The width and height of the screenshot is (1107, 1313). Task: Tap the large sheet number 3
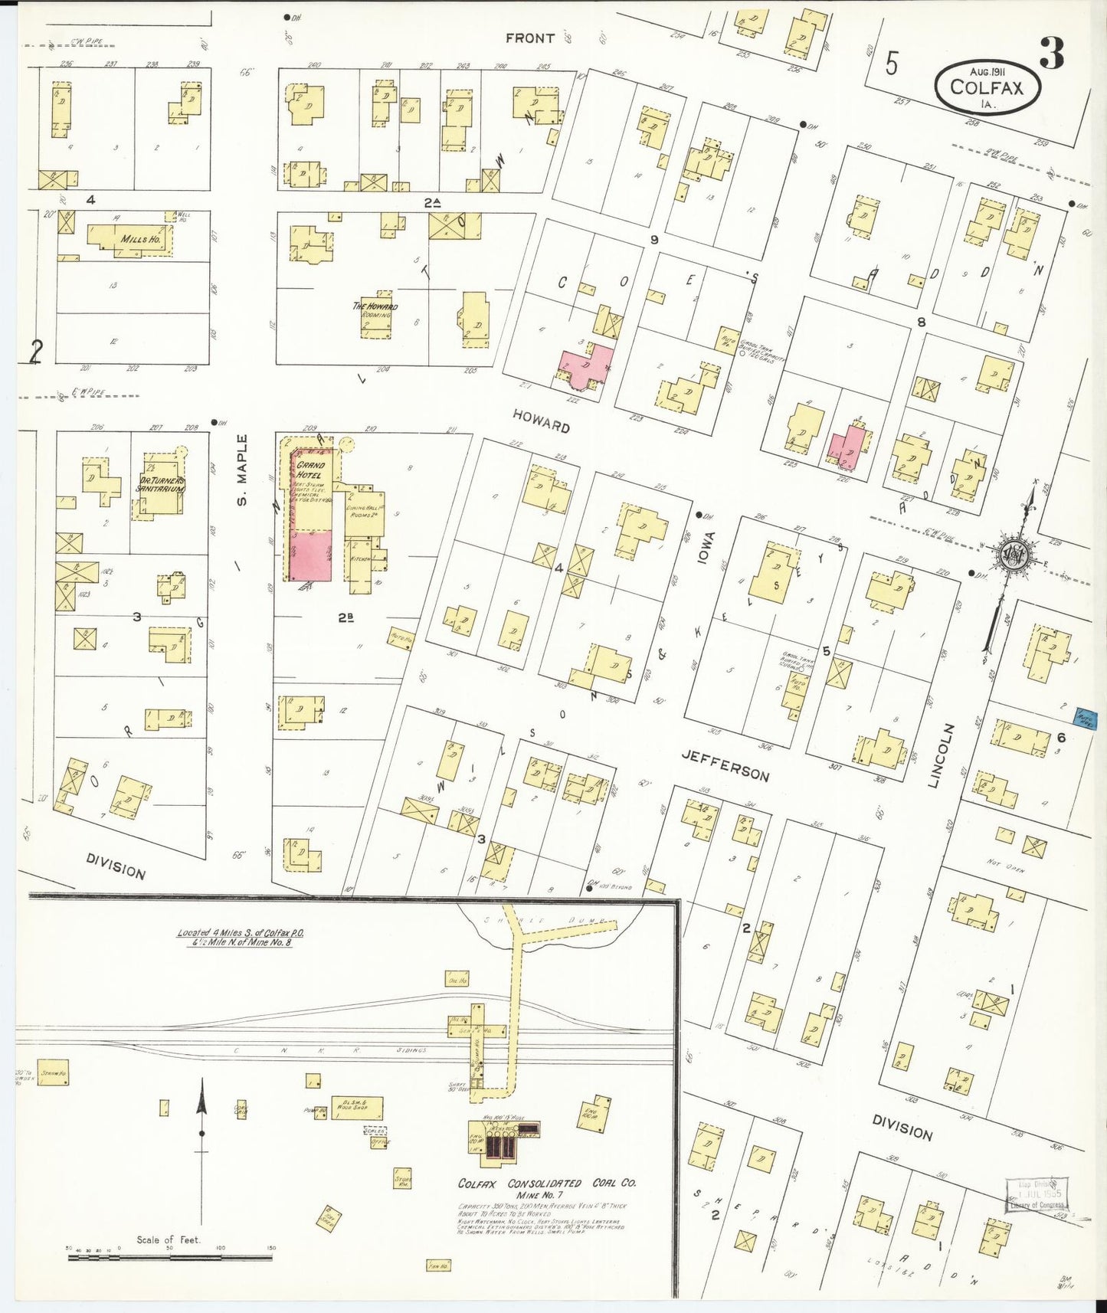point(1052,54)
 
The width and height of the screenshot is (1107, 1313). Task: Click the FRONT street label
point(529,38)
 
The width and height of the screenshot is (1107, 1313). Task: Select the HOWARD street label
point(542,421)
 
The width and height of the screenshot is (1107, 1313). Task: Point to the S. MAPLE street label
point(242,470)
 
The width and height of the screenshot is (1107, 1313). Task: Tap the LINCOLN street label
point(941,755)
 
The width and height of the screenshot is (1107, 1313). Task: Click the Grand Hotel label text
point(310,470)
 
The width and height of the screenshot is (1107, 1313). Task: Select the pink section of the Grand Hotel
point(310,556)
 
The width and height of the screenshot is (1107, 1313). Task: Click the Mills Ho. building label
point(139,239)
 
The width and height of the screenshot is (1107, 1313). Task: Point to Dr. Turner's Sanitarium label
point(161,484)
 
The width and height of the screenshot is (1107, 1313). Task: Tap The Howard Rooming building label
point(375,309)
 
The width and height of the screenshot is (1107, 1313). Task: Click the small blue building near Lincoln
point(1086,719)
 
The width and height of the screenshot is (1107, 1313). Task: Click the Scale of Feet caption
point(168,1239)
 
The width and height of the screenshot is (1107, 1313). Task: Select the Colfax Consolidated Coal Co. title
point(546,1183)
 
